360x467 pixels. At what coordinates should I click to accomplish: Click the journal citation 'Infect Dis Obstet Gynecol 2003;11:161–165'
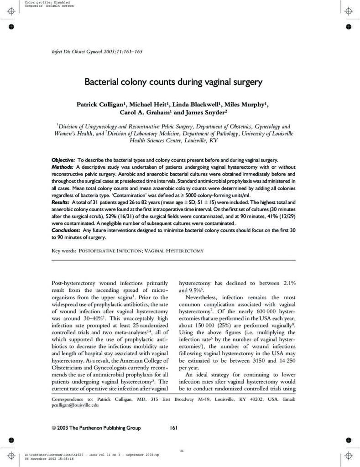[x=97, y=52]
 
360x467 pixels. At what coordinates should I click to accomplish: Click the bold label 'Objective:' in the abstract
[x=63, y=160]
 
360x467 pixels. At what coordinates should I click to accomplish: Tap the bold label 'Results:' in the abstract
[x=61, y=201]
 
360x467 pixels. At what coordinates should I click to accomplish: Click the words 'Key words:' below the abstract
[x=63, y=251]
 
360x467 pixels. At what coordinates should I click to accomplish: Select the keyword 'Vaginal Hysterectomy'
[x=174, y=251]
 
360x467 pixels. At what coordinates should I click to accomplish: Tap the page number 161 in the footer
[x=173, y=428]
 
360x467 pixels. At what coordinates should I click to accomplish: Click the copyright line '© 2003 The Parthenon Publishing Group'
[x=96, y=428]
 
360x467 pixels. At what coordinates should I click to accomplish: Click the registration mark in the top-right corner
[x=348, y=10]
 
